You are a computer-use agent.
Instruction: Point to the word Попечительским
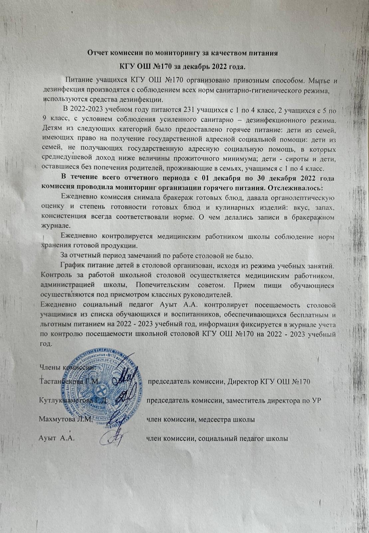point(158,285)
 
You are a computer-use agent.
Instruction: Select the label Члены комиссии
point(67,367)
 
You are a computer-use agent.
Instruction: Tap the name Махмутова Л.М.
point(65,419)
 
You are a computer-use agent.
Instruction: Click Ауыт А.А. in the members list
point(57,438)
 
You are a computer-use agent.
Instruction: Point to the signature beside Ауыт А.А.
point(113,438)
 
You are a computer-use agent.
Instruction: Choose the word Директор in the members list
point(243,381)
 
